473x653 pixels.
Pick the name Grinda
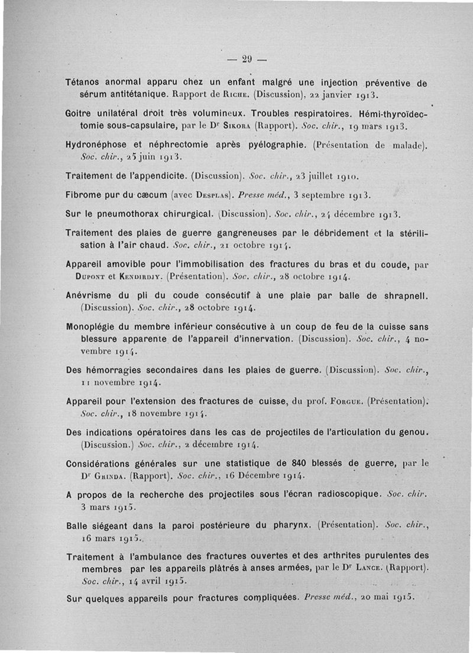click(110, 475)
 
